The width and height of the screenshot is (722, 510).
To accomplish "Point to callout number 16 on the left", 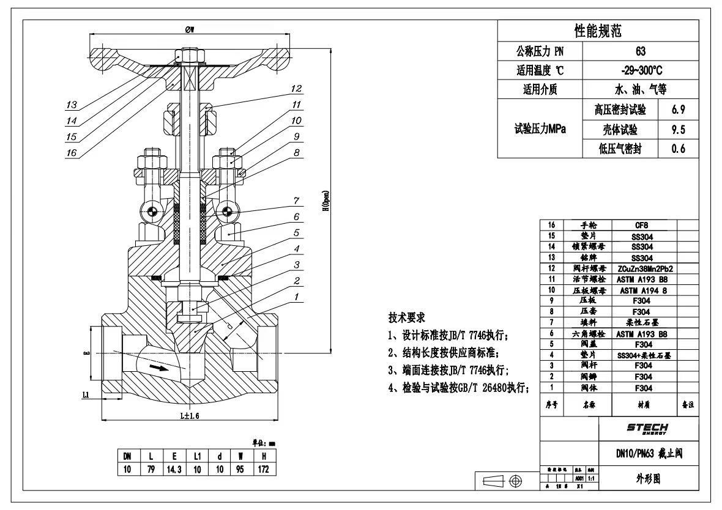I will click(72, 153).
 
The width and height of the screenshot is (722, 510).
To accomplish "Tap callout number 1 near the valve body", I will click(296, 298).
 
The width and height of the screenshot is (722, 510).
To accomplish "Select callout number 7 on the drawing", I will click(296, 201).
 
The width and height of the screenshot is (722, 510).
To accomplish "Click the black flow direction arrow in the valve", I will click(158, 368).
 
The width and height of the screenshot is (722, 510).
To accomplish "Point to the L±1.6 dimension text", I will click(190, 415).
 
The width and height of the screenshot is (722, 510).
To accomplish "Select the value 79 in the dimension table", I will click(151, 470).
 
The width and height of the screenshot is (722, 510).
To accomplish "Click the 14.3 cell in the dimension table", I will click(174, 470).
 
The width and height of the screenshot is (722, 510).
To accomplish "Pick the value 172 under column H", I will click(264, 470).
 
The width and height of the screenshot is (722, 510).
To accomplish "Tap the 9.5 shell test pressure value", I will click(678, 130).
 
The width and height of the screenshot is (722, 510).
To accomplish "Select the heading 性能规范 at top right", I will click(597, 31).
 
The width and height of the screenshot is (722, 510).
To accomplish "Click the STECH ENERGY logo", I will click(647, 429).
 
